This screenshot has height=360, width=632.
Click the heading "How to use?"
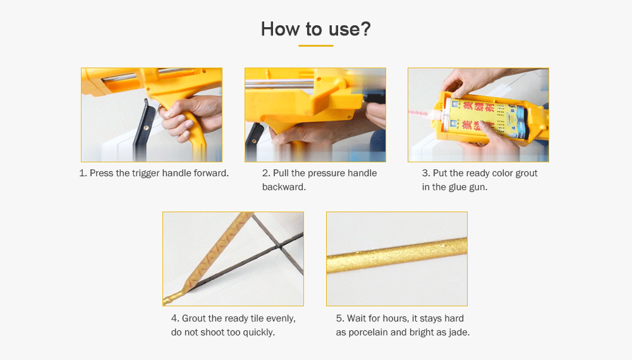pos(315,29)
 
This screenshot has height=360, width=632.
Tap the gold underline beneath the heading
pos(315,45)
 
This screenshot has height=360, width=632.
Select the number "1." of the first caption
pos(83,173)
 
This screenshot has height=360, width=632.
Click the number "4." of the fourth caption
pos(175,318)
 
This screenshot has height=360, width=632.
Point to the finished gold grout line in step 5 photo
pos(396,255)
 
